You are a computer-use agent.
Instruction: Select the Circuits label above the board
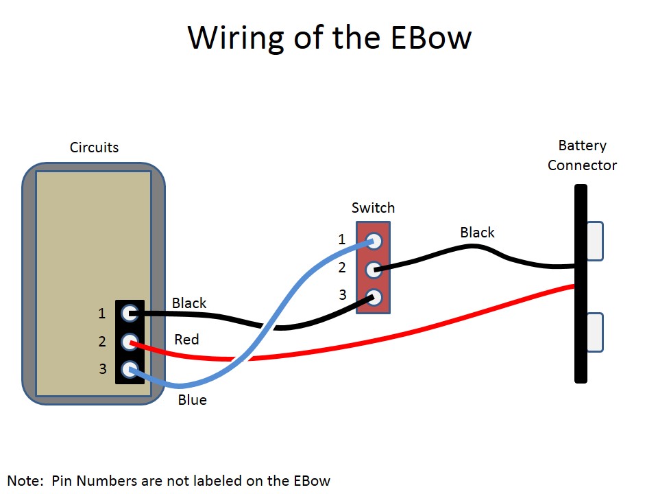(x=94, y=148)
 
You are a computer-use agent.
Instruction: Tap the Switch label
(x=373, y=207)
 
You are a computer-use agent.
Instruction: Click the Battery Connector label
(x=582, y=156)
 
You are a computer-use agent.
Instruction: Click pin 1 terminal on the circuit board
(x=129, y=314)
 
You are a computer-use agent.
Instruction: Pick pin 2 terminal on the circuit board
(x=129, y=342)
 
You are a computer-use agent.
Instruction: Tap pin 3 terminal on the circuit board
(x=129, y=370)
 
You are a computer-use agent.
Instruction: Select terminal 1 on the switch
(x=374, y=242)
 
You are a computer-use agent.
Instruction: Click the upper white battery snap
(x=595, y=241)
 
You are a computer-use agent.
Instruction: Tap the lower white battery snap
(x=595, y=332)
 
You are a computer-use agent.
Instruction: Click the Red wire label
(x=186, y=339)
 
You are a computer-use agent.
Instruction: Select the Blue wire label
(x=192, y=399)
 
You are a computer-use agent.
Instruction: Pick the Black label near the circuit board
(x=189, y=303)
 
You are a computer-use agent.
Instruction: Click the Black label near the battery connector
(x=477, y=233)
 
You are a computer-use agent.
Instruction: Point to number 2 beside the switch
(x=342, y=268)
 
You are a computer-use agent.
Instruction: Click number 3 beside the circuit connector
(x=102, y=369)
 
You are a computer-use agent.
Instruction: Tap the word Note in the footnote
(x=25, y=480)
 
